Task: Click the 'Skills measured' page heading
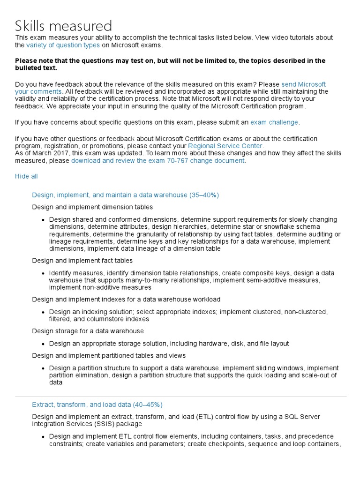[64, 26]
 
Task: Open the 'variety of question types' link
[63, 45]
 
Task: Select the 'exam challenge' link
[274, 122]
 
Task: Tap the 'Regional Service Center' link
[225, 146]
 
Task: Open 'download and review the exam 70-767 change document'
[157, 160]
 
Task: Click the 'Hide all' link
[26, 176]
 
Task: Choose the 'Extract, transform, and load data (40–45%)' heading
[97, 405]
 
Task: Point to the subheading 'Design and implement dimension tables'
[92, 207]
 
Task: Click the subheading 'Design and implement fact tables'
[82, 260]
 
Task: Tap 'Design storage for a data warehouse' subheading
[88, 331]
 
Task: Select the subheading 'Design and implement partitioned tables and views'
[109, 355]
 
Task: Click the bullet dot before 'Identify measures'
[43, 273]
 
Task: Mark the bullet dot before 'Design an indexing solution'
[43, 312]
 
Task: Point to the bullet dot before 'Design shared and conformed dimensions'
[43, 219]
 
